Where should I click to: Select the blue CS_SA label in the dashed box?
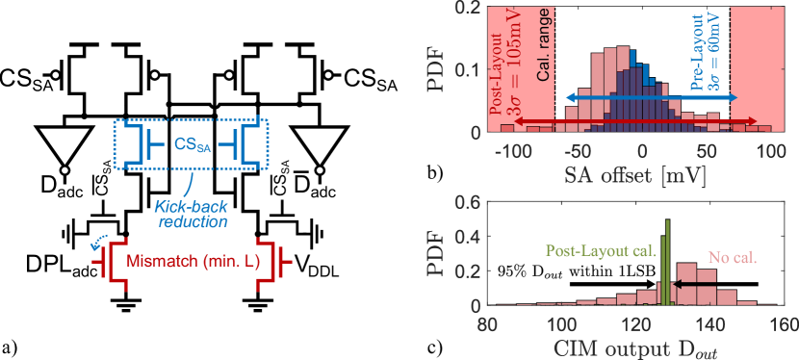point(191,145)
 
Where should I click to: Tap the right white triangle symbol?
point(319,147)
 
